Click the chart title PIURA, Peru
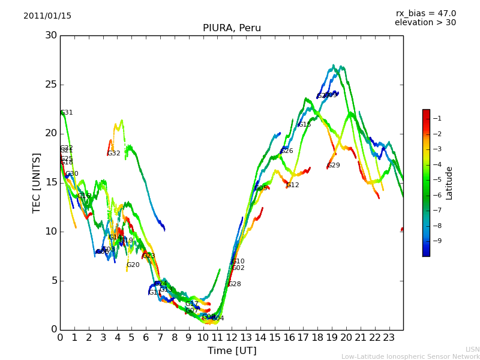[x=232, y=28]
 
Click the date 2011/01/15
[x=47, y=16]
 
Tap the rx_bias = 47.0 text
[x=425, y=14]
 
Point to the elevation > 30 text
[x=425, y=23]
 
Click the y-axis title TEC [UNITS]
[x=37, y=182]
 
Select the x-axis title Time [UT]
[x=232, y=351]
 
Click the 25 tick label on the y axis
[x=51, y=85]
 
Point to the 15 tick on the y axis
[x=51, y=182]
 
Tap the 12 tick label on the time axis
[x=232, y=337]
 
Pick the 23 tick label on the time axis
[x=389, y=337]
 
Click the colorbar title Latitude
[x=449, y=183]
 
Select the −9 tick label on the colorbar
[x=437, y=241]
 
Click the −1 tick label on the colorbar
[x=437, y=118]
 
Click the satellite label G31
[x=67, y=113]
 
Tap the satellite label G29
[x=334, y=166]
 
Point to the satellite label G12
[x=293, y=185]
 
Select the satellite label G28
[x=235, y=284]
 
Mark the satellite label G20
[x=133, y=265]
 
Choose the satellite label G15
[x=305, y=125]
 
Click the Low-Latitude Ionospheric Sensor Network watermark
[x=410, y=356]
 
